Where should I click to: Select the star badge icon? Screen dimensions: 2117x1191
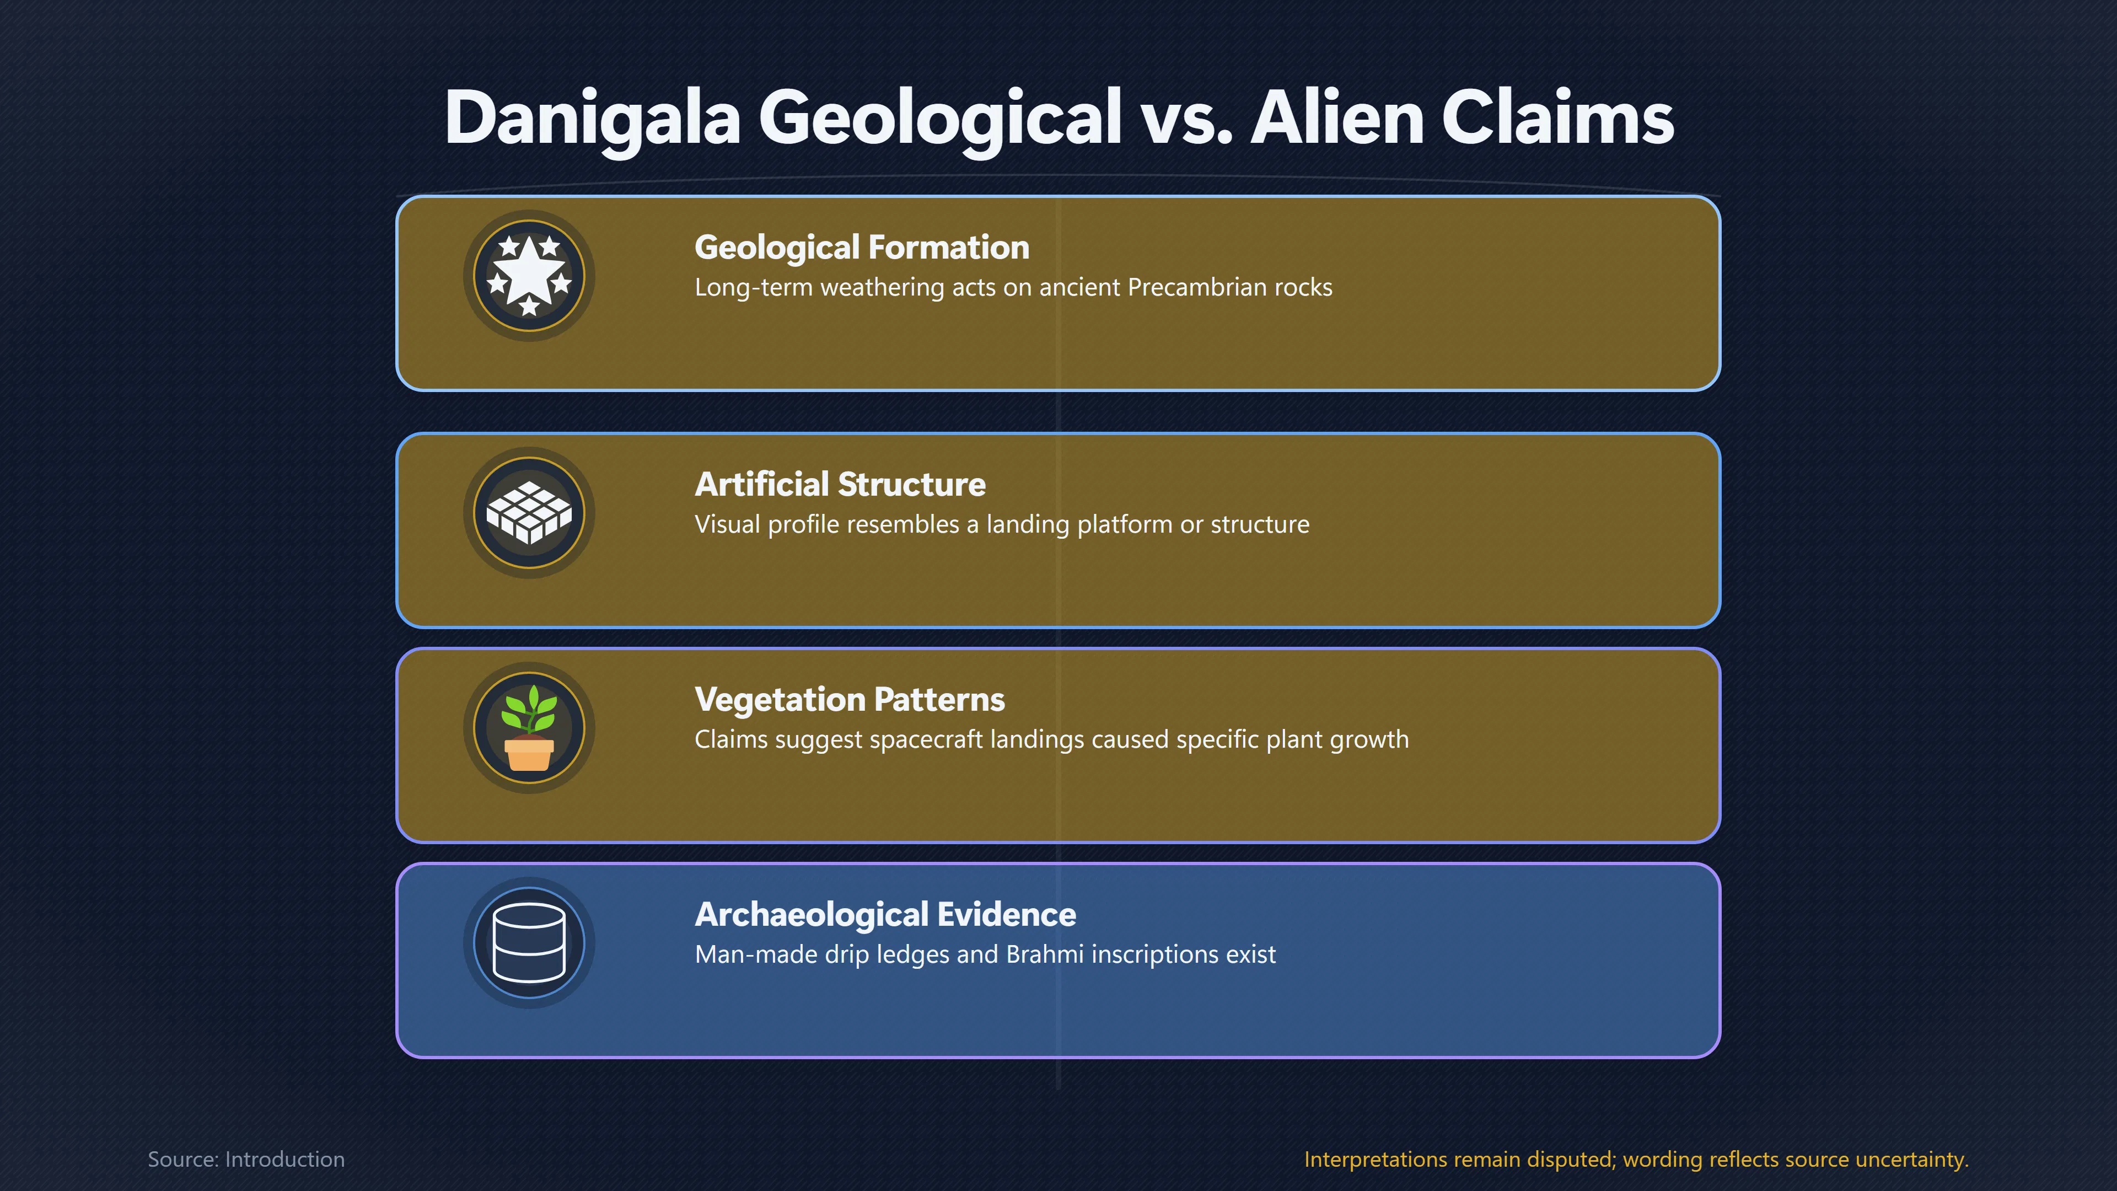[529, 275]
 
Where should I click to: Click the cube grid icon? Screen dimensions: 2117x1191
[529, 513]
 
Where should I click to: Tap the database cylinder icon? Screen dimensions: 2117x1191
[529, 943]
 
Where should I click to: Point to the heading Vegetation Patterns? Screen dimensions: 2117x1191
[850, 700]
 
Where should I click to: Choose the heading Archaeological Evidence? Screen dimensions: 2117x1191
[885, 915]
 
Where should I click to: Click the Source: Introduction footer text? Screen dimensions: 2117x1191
[246, 1160]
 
